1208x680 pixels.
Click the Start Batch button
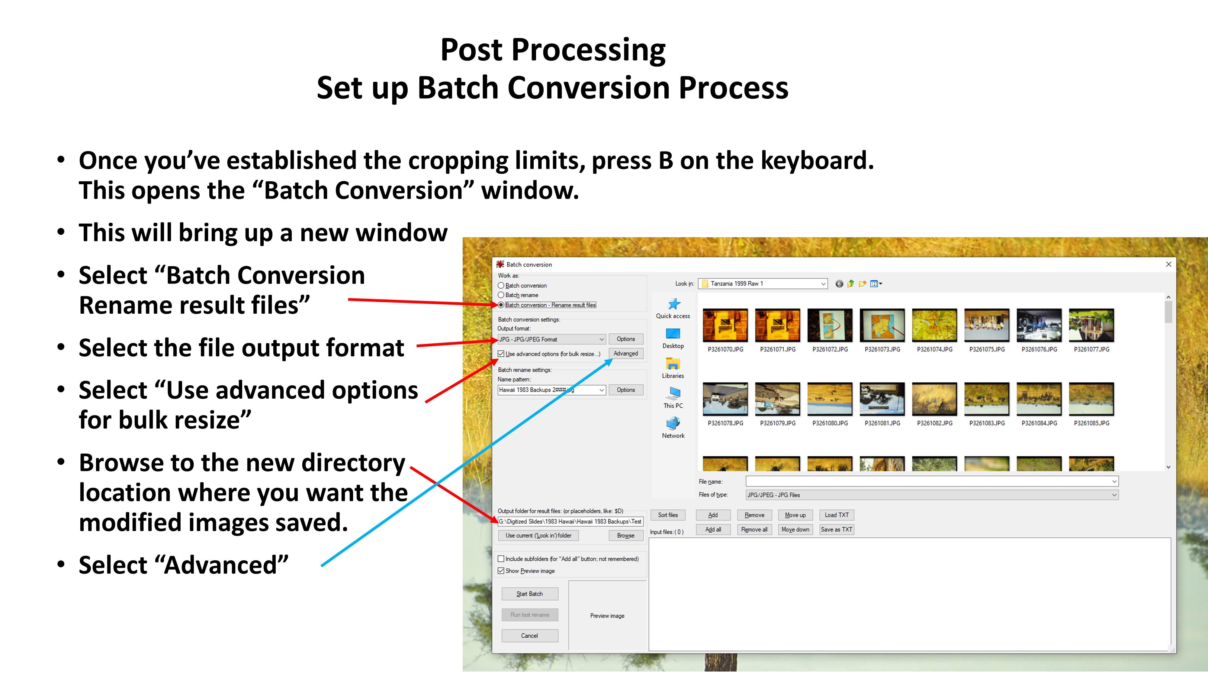(x=529, y=594)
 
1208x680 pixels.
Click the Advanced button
(x=625, y=353)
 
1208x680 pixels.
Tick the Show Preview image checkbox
(x=501, y=571)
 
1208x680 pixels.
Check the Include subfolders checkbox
(x=501, y=559)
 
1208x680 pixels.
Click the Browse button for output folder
(x=625, y=536)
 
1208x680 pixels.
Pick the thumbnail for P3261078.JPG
(x=725, y=399)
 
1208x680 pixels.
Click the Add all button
(x=713, y=529)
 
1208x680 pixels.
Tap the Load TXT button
(x=837, y=515)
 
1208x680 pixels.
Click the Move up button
(x=795, y=515)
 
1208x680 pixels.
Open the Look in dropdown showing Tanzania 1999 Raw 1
(x=763, y=283)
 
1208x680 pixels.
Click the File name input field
(x=932, y=481)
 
